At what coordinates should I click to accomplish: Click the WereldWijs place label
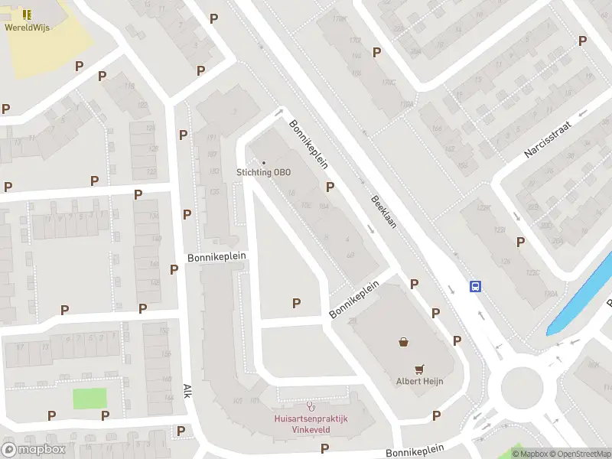[27, 28]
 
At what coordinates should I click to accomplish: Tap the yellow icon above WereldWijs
[27, 15]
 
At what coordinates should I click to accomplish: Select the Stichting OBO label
[264, 173]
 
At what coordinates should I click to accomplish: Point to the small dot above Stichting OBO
[264, 162]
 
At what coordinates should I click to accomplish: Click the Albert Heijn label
[419, 382]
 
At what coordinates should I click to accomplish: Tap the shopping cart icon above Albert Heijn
[419, 368]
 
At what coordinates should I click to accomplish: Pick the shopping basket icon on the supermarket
[402, 342]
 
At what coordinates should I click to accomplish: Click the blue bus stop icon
[475, 287]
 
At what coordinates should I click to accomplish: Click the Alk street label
[186, 392]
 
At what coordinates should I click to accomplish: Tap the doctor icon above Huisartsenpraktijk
[310, 405]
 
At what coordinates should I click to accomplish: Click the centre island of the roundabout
[522, 387]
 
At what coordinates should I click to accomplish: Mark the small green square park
[90, 399]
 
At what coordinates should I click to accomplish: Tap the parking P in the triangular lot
[296, 304]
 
